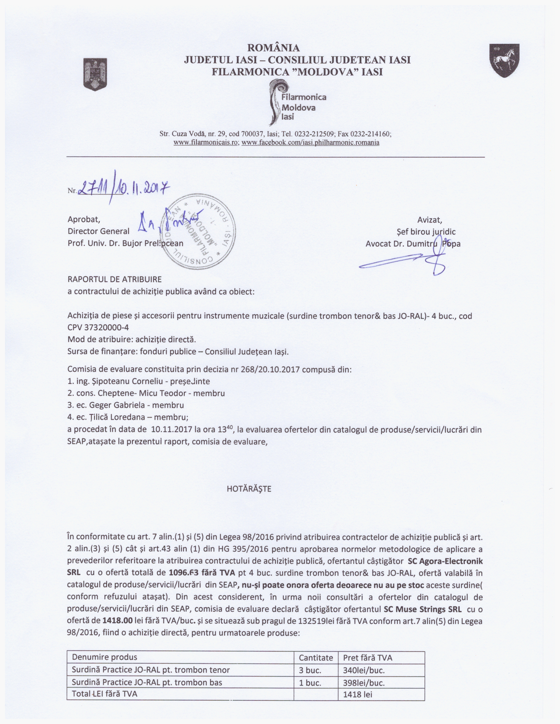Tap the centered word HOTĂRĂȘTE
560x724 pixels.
click(x=249, y=489)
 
